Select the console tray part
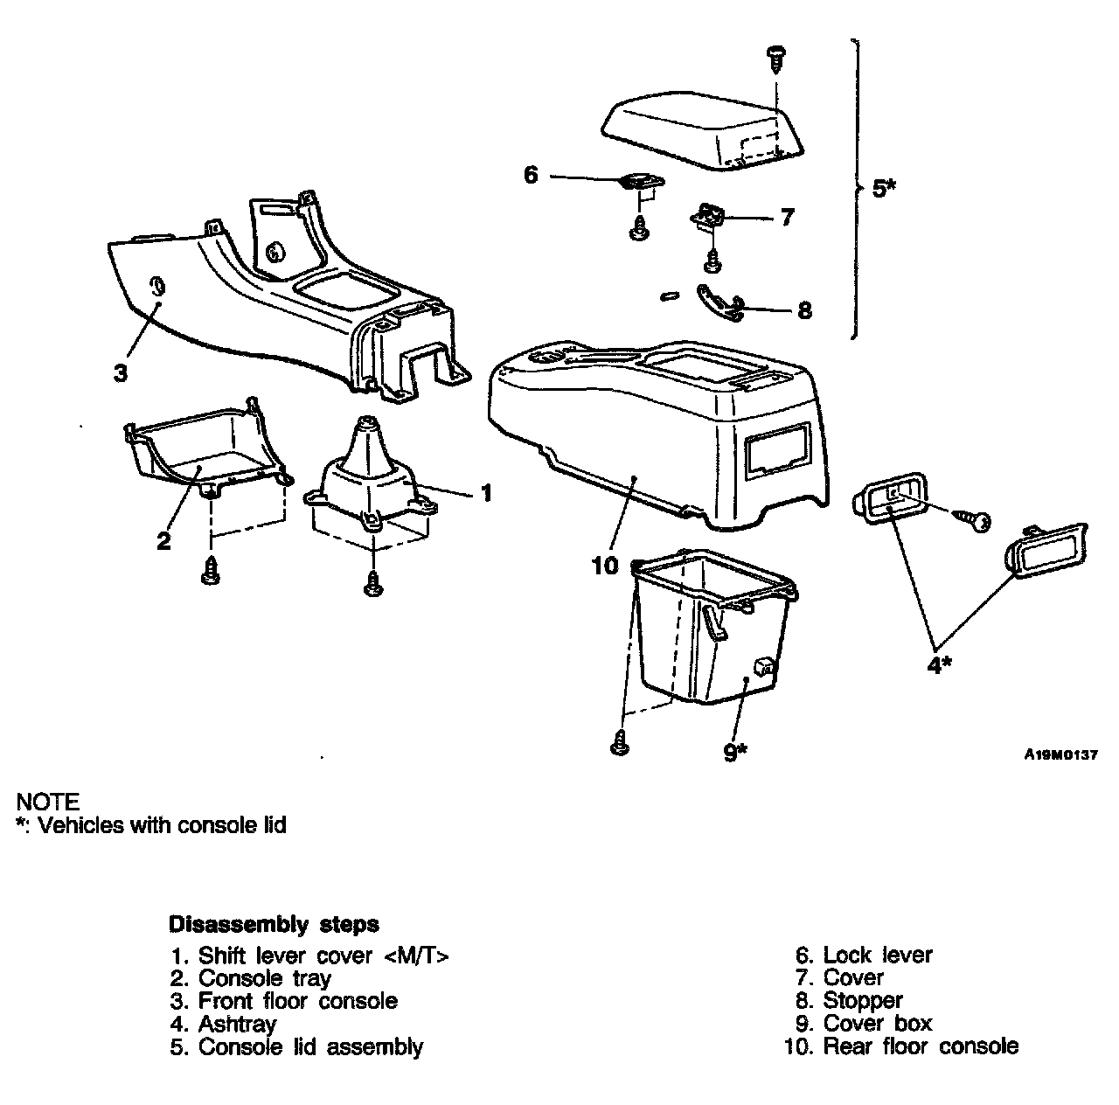pyautogui.click(x=205, y=450)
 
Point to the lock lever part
pyautogui.click(x=641, y=182)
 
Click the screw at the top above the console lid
pyautogui.click(x=775, y=59)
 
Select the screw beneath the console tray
pyautogui.click(x=210, y=571)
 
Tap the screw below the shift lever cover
pyautogui.click(x=374, y=582)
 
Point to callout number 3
pyautogui.click(x=121, y=372)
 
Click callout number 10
pyautogui.click(x=604, y=566)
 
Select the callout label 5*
pyautogui.click(x=884, y=188)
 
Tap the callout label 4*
pyautogui.click(x=939, y=665)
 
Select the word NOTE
pyautogui.click(x=48, y=802)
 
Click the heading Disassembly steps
pyautogui.click(x=274, y=924)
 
